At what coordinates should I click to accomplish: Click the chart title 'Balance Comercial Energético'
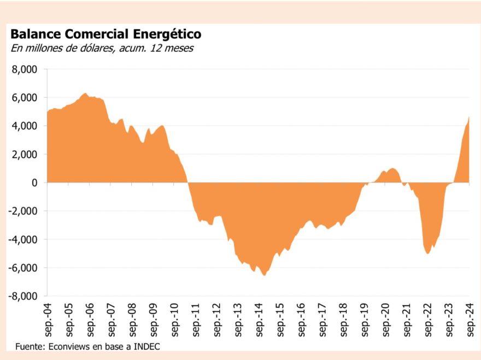[x=105, y=34]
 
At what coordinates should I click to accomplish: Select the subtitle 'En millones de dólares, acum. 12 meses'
[x=102, y=48]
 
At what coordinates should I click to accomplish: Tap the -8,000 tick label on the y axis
[x=24, y=296]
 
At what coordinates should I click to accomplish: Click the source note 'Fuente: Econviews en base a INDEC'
[x=87, y=346]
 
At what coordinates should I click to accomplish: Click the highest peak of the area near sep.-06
[x=85, y=93]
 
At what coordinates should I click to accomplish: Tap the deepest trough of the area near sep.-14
[x=264, y=275]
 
